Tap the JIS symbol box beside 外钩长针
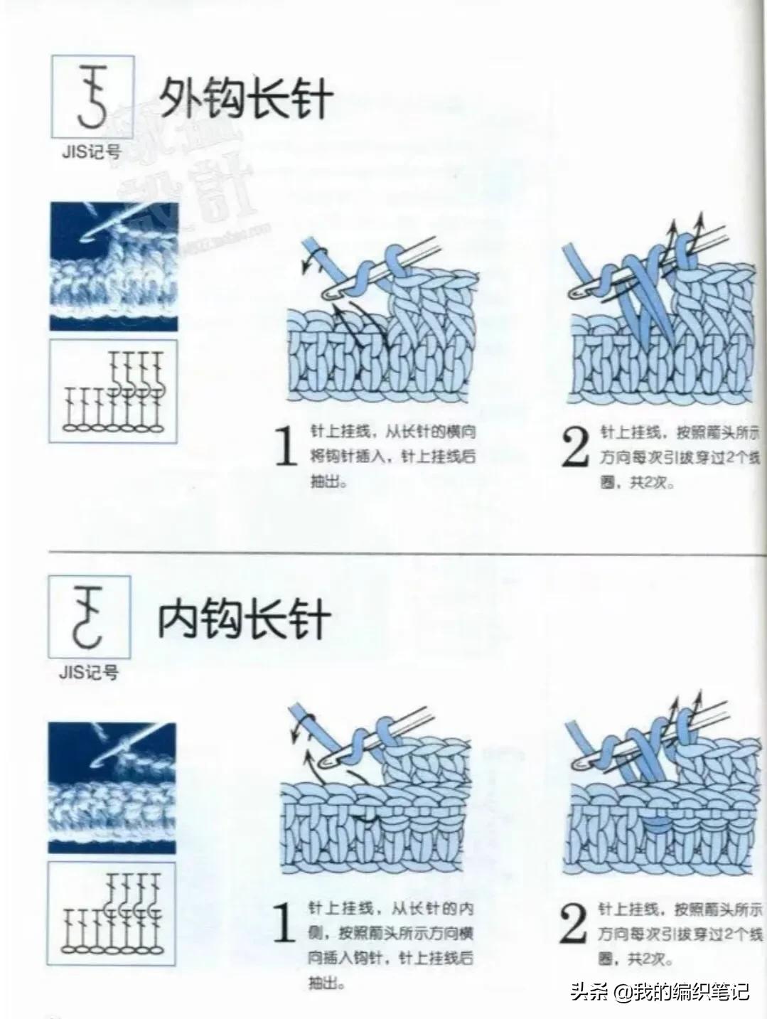point(93,96)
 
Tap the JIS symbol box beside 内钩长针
point(90,617)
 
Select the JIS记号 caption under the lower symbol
point(88,672)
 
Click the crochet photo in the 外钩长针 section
point(113,267)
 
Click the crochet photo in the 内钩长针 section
point(112,787)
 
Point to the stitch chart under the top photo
point(113,392)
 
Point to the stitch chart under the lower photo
point(112,913)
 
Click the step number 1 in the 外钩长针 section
point(286,447)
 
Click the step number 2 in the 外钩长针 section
point(574,447)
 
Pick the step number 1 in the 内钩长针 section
point(284,923)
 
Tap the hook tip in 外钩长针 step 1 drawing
point(329,292)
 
